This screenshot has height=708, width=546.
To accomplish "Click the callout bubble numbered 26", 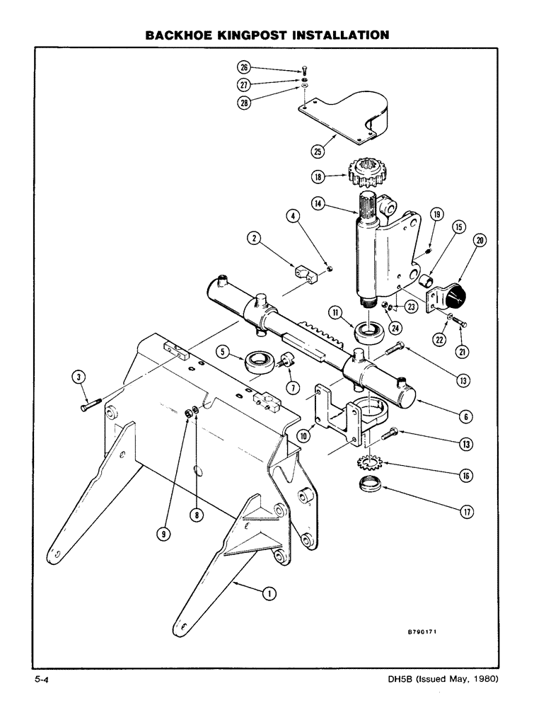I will [x=245, y=68].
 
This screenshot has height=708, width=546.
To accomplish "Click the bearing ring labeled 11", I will [x=369, y=331].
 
